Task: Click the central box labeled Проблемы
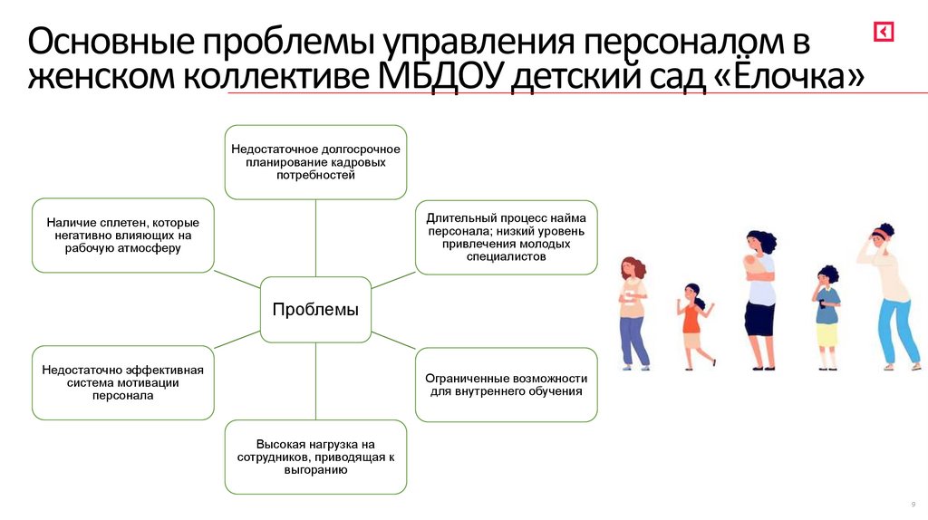point(315,310)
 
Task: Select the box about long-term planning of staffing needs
point(315,161)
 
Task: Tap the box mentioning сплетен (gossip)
point(123,235)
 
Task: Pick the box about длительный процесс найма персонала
point(507,237)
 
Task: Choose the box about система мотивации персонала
point(123,382)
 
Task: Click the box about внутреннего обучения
point(507,384)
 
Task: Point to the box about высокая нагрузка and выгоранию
point(315,457)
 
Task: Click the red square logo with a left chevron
point(884,32)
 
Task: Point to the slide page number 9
point(912,504)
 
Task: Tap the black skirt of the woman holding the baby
point(759,318)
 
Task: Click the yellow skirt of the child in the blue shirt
point(826,335)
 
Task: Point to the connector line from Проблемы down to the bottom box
point(315,380)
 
